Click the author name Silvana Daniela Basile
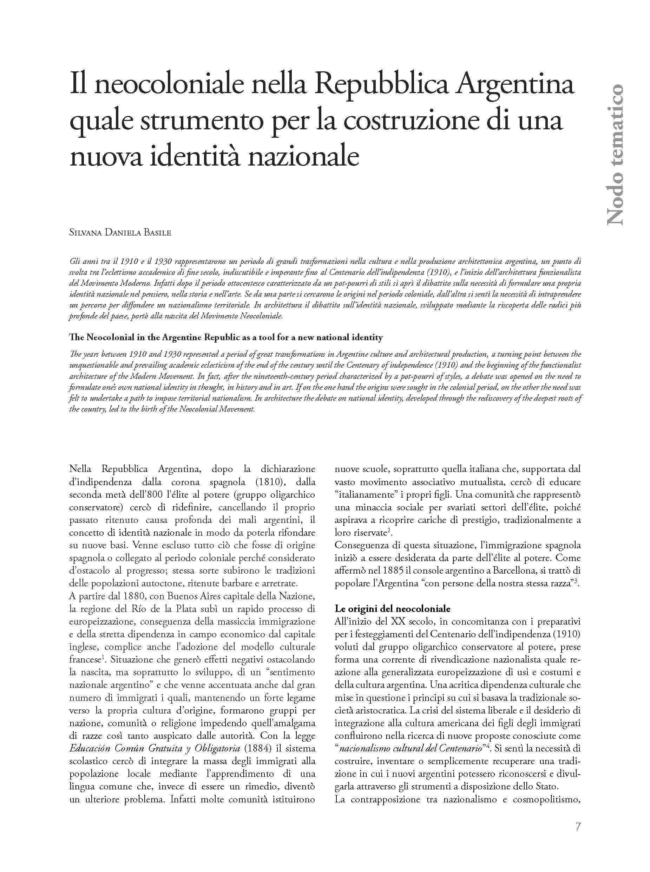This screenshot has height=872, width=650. (x=120, y=232)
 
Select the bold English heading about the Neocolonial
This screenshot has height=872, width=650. (x=226, y=337)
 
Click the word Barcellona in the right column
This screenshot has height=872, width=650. (x=509, y=570)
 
